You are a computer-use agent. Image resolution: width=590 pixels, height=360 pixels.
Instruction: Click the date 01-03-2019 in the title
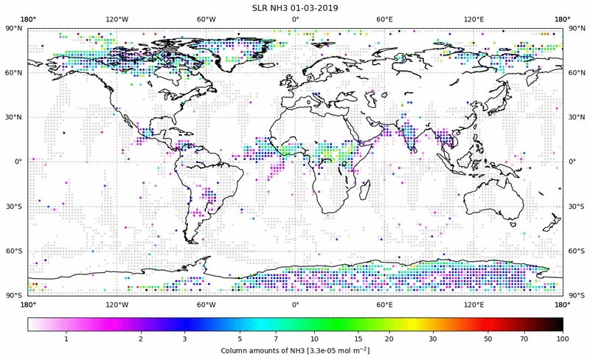click(317, 7)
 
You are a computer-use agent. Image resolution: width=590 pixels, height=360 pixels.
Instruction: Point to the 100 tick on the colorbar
click(563, 338)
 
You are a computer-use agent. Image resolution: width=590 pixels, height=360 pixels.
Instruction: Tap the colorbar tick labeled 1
click(66, 338)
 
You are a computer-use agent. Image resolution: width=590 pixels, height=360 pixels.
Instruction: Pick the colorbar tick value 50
click(488, 338)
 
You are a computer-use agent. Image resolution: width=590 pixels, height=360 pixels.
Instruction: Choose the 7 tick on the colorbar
click(276, 338)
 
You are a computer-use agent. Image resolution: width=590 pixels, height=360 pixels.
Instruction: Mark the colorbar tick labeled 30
click(432, 338)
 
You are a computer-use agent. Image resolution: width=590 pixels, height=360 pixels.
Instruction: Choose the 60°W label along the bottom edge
click(206, 304)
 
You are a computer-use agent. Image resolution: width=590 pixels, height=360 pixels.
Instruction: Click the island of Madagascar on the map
click(365, 188)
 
